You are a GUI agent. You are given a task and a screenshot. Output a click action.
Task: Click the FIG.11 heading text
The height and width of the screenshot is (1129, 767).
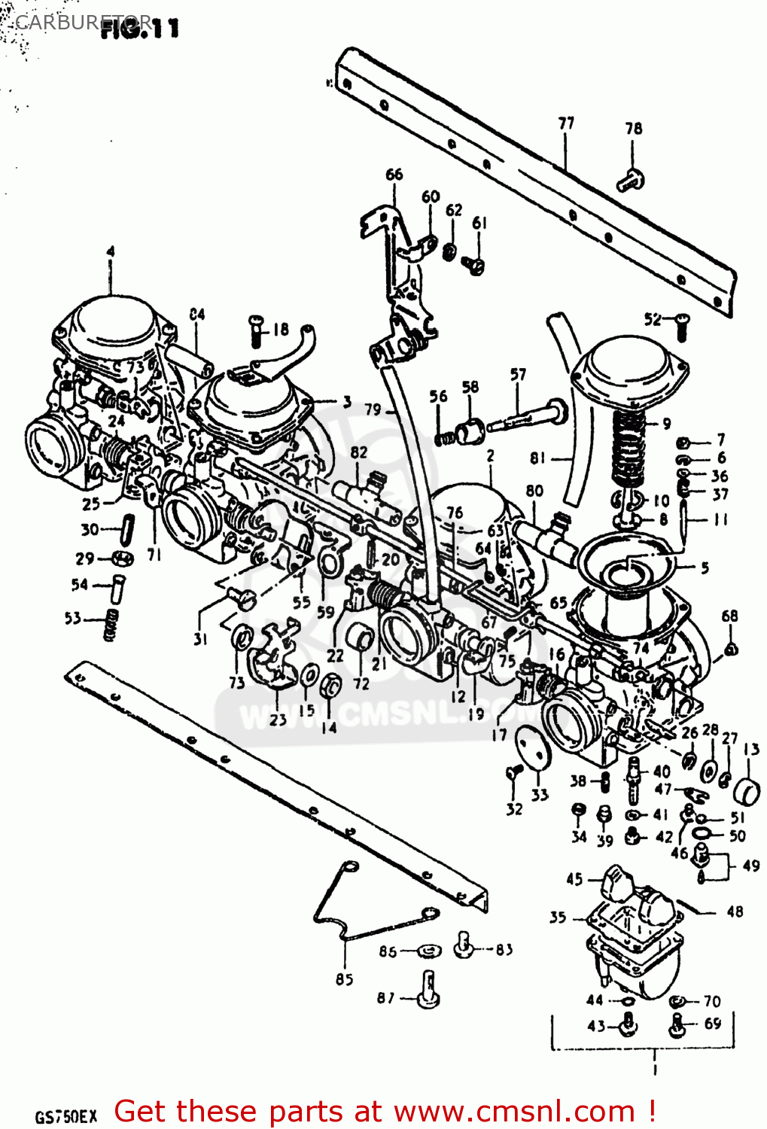click(x=140, y=29)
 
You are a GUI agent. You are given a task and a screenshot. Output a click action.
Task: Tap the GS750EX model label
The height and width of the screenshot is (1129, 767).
click(x=65, y=1115)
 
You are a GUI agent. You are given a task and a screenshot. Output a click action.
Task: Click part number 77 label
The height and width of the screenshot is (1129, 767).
click(x=566, y=123)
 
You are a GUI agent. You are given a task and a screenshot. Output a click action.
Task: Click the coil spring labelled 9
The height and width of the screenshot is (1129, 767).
click(x=628, y=448)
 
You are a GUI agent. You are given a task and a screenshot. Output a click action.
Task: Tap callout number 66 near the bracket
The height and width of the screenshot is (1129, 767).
click(x=394, y=175)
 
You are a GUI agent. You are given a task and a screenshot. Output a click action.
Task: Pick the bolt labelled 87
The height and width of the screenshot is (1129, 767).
click(x=428, y=989)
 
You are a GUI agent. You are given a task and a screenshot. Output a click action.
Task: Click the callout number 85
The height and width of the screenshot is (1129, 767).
click(x=344, y=979)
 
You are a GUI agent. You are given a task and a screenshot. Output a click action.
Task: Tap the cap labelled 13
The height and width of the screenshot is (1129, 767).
click(x=747, y=790)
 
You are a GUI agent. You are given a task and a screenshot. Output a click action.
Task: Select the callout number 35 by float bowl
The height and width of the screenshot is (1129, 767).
click(x=558, y=917)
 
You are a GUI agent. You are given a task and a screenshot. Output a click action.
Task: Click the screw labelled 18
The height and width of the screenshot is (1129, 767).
click(x=256, y=331)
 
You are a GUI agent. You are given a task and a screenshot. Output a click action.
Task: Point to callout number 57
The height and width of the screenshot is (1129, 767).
click(x=518, y=374)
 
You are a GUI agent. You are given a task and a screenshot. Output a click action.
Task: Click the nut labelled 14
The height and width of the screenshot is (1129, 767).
click(x=330, y=686)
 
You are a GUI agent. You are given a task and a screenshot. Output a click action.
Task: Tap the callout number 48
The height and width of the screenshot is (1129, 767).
click(x=735, y=911)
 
